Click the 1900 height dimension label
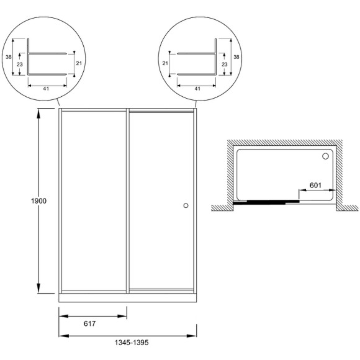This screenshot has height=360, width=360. [x=38, y=201]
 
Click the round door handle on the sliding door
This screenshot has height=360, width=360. [x=186, y=205]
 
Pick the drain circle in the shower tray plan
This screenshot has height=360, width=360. [x=325, y=156]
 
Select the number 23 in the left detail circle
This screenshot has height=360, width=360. [x=20, y=63]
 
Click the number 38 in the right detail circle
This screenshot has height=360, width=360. [x=235, y=56]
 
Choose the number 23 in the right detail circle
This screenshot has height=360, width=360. [x=224, y=63]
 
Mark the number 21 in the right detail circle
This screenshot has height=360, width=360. [x=166, y=63]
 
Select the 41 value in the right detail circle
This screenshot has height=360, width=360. [x=197, y=88]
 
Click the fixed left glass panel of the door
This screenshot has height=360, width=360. [x=93, y=200]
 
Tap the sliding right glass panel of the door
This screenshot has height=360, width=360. [x=161, y=200]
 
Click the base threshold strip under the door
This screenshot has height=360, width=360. [x=128, y=297]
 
